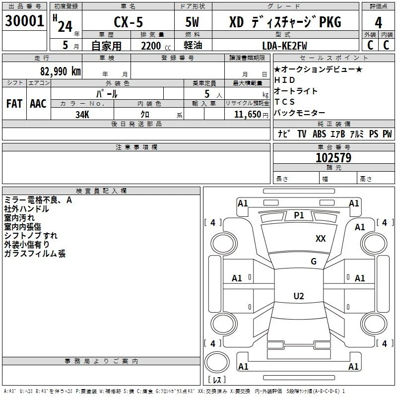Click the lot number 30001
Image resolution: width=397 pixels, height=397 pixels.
pyautogui.click(x=24, y=21)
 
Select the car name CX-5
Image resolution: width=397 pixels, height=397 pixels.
pyautogui.click(x=128, y=22)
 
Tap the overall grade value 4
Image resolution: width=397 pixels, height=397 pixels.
pyautogui.click(x=378, y=22)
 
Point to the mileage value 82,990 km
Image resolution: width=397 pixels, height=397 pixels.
pyautogui.click(x=60, y=71)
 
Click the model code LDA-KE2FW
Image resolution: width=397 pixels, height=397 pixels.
pyautogui.click(x=284, y=46)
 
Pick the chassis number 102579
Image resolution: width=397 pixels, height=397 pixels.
pyautogui.click(x=333, y=158)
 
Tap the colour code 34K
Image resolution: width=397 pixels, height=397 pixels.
pyautogui.click(x=82, y=115)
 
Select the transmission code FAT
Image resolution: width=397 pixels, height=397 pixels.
pyautogui.click(x=14, y=104)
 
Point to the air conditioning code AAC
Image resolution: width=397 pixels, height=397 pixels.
pyautogui.click(x=38, y=104)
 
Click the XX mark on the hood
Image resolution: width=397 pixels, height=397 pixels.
pyautogui.click(x=321, y=238)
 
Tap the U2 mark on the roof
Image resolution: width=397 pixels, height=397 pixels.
pyautogui.click(x=299, y=296)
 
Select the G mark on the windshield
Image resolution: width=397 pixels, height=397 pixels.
pyautogui.click(x=314, y=261)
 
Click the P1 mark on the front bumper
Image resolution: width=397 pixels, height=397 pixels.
pyautogui.click(x=299, y=215)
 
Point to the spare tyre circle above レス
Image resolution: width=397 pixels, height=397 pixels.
pyautogui.click(x=217, y=362)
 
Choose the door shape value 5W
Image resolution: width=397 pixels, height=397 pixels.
pyautogui.click(x=192, y=22)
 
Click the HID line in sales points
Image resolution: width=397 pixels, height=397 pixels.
pyautogui.click(x=284, y=80)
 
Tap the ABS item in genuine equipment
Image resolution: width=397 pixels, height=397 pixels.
pyautogui.click(x=319, y=133)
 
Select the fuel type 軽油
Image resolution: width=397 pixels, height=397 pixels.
pyautogui.click(x=193, y=45)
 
